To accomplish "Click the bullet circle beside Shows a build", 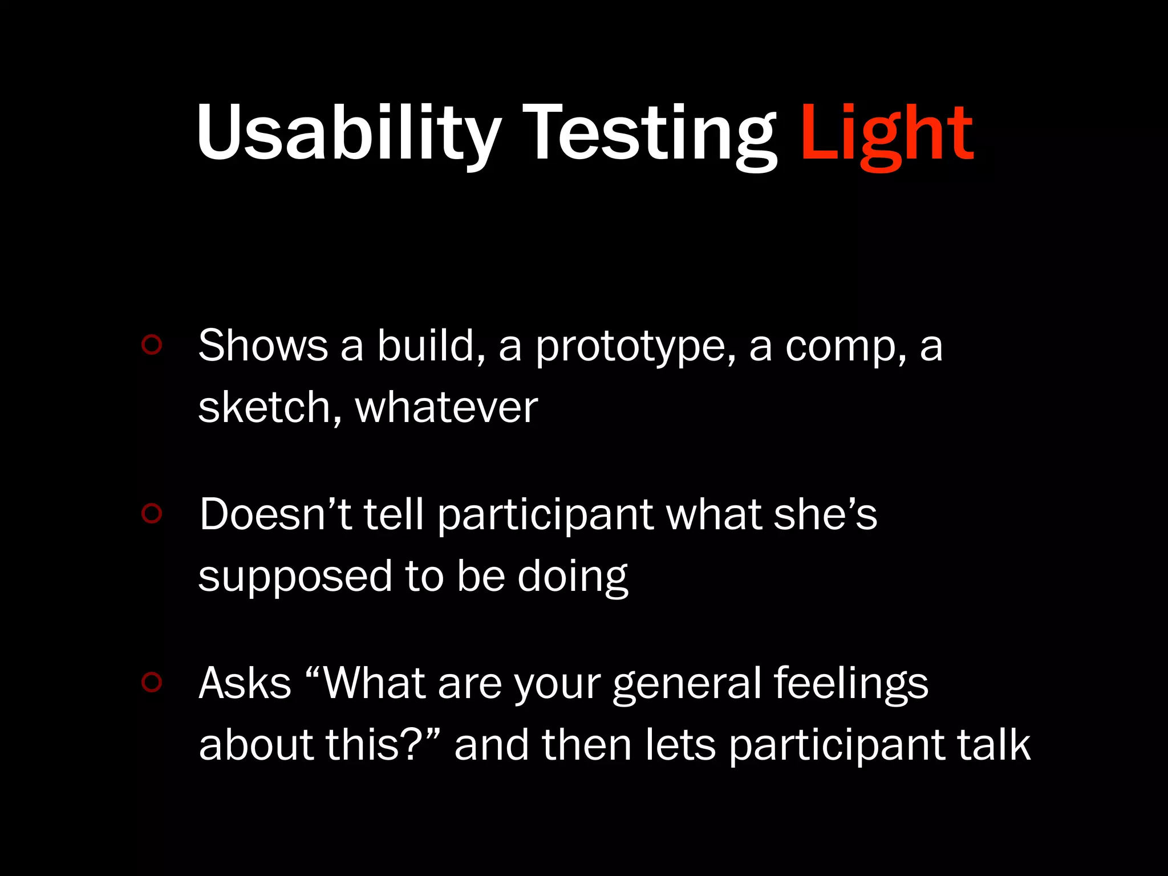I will pos(152,344).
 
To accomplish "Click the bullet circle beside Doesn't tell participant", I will pos(152,513).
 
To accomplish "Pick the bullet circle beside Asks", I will pos(152,682).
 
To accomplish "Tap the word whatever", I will pos(447,407).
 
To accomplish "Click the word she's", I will pos(825,514).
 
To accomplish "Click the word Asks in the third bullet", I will pos(245,683).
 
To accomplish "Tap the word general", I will pos(687,684).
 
